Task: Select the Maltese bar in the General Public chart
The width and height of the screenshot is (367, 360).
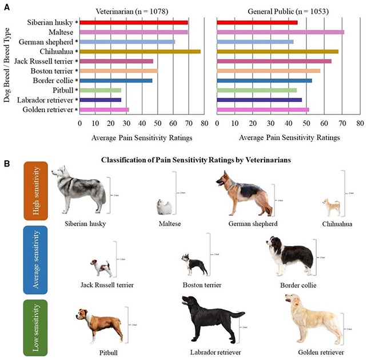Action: pyautogui.click(x=281, y=32)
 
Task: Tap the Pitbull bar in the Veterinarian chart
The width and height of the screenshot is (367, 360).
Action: pyautogui.click(x=100, y=90)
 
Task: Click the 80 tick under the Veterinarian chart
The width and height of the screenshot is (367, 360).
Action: pyautogui.click(x=204, y=122)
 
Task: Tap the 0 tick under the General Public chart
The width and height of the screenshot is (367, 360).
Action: pyautogui.click(x=218, y=122)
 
